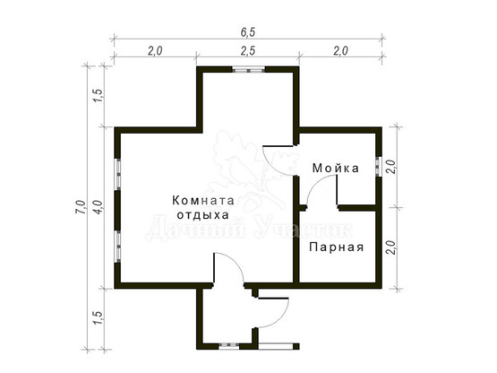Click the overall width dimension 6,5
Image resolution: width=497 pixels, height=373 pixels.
pyautogui.click(x=248, y=32)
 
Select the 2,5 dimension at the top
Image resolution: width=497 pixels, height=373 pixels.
pyautogui.click(x=248, y=51)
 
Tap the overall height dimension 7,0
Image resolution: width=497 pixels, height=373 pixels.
pyautogui.click(x=81, y=207)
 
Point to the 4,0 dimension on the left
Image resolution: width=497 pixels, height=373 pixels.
pyautogui.click(x=98, y=207)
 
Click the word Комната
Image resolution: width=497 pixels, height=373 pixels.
pyautogui.click(x=203, y=201)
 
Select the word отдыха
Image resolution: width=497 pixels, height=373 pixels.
pyautogui.click(x=203, y=215)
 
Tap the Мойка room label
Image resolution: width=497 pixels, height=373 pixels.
pyautogui.click(x=336, y=168)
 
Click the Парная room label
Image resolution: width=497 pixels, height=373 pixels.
pyautogui.click(x=337, y=247)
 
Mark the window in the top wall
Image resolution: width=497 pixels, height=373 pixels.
pyautogui.click(x=249, y=70)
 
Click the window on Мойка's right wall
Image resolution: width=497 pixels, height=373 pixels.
pyautogui.click(x=378, y=167)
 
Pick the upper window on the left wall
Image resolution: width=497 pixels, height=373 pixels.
pyautogui.click(x=117, y=174)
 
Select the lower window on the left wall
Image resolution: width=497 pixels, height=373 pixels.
pyautogui.click(x=117, y=246)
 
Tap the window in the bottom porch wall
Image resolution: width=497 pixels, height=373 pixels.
pyautogui.click(x=229, y=346)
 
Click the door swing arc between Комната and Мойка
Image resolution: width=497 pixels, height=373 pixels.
pyautogui.click(x=272, y=164)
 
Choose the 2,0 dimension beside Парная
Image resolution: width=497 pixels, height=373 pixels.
pyautogui.click(x=391, y=247)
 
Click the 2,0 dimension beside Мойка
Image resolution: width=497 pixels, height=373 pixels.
pyautogui.click(x=391, y=167)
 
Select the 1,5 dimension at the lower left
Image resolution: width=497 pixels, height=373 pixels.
pyautogui.click(x=98, y=317)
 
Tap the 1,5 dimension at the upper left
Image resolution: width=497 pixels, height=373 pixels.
pyautogui.click(x=98, y=95)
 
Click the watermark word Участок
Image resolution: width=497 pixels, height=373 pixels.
pyautogui.click(x=303, y=228)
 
